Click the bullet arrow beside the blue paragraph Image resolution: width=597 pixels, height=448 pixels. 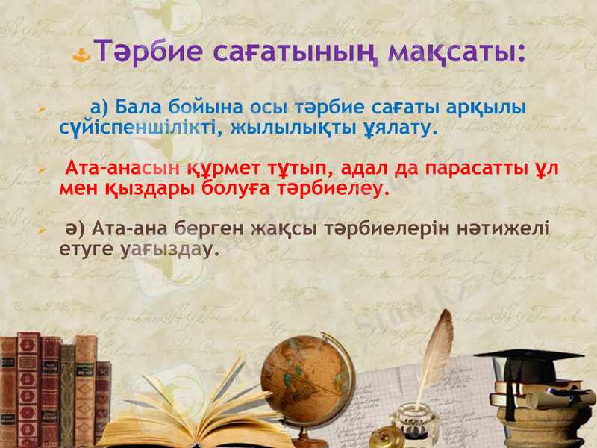43,110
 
